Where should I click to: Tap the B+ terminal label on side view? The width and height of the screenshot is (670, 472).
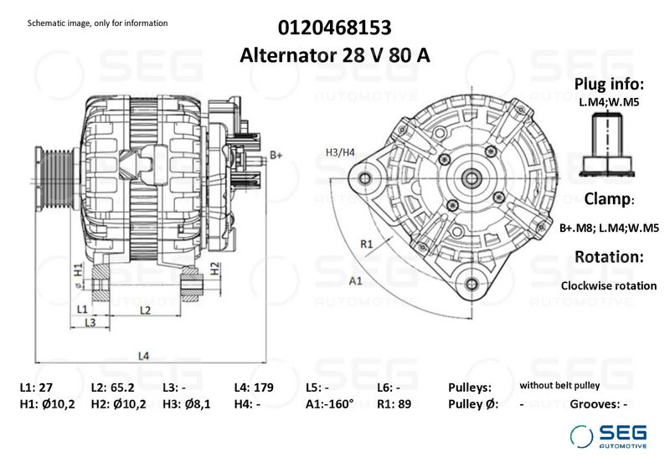tap(276, 155)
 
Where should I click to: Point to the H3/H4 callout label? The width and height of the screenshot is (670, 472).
tap(340, 151)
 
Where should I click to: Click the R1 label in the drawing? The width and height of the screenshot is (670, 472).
tap(366, 244)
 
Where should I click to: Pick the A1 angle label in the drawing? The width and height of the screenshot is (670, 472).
tap(354, 280)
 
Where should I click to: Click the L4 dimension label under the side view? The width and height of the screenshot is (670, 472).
tap(143, 356)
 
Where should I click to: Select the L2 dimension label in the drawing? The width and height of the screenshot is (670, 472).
tap(144, 310)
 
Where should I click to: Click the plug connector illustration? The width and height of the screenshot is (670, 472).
tap(608, 142)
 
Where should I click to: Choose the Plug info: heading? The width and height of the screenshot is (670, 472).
tap(609, 85)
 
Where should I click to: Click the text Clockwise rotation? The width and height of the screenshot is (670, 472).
tap(609, 285)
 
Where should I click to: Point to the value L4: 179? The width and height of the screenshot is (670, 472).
tap(254, 388)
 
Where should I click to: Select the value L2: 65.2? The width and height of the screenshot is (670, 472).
tap(113, 388)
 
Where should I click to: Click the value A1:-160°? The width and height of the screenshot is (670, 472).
tap(330, 404)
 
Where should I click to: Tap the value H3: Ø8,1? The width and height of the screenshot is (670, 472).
tap(187, 404)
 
